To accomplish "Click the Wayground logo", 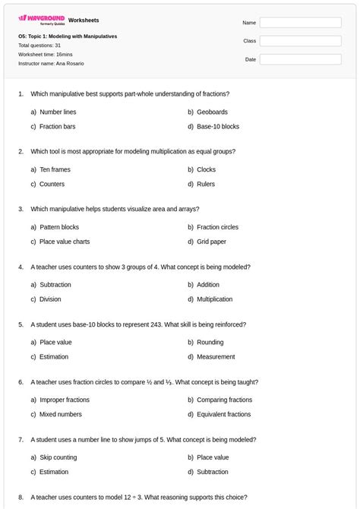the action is point(42,19).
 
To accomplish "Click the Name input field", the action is point(300,23).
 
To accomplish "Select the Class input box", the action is point(300,41).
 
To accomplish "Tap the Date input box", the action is point(300,59).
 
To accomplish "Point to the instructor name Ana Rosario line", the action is point(51,64).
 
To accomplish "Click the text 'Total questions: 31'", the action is point(39,46).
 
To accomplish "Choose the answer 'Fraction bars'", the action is point(57,127).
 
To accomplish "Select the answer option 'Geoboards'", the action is point(212,112).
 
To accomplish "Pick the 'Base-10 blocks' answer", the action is point(217,127).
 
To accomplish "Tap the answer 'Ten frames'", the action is point(55,169).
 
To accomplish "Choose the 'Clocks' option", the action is point(206,169).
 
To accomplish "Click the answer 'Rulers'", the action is point(206,185).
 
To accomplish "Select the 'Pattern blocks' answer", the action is point(59,227).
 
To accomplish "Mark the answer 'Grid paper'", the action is point(211,242).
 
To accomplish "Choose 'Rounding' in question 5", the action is point(210,342).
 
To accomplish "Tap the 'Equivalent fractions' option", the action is point(223,415).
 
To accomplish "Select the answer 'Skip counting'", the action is point(58,457).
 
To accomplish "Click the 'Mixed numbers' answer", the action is point(60,415).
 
